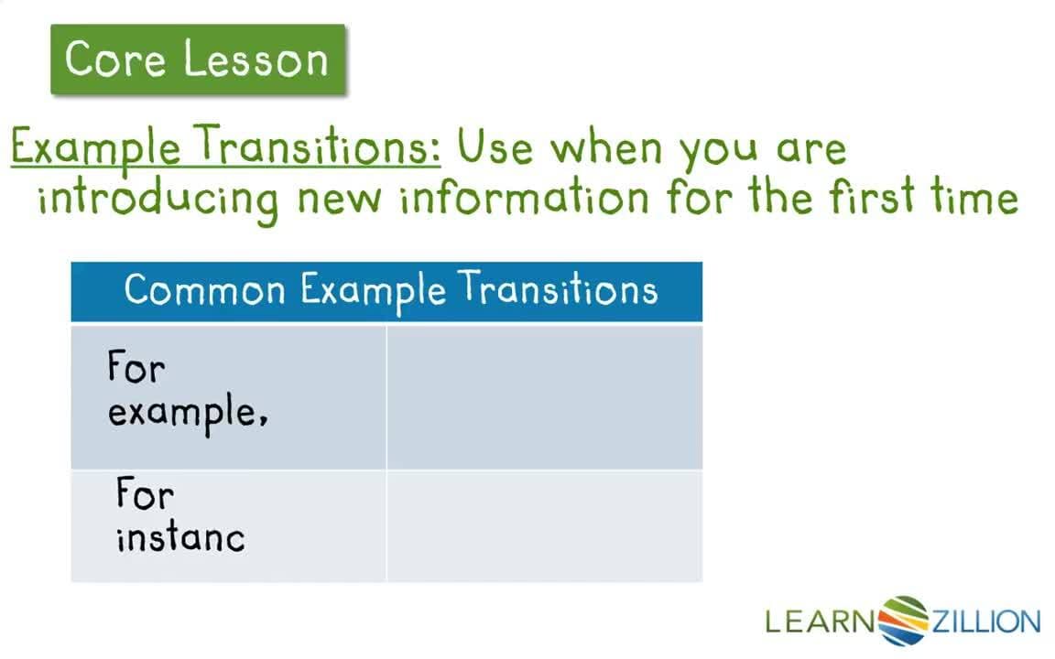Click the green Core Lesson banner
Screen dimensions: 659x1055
198,59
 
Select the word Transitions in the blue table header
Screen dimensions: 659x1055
559,291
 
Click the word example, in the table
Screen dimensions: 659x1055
188,413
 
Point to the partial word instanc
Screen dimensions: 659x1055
180,536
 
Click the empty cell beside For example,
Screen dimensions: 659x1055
544,396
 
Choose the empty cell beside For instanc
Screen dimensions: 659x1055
544,525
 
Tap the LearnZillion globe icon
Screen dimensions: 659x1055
904,621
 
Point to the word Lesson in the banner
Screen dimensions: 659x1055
256,59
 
